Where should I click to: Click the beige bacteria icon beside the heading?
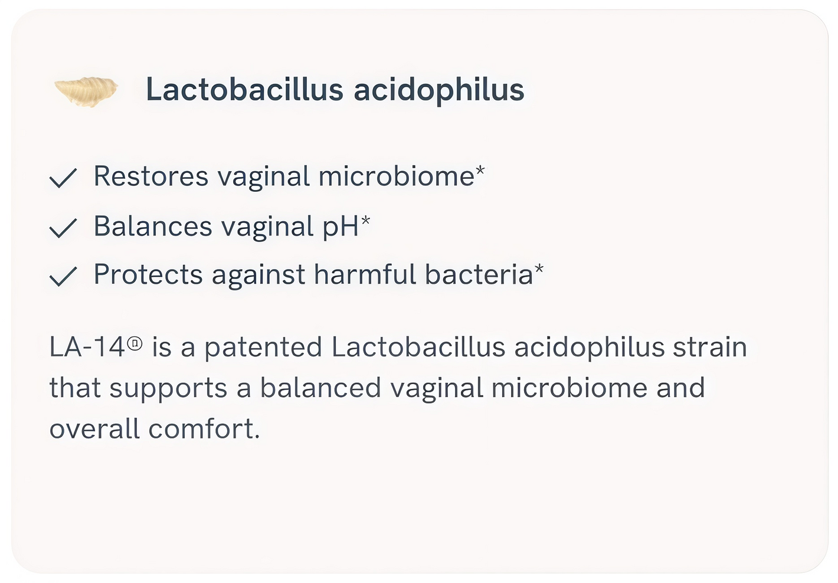click(86, 91)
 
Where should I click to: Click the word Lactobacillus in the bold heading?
click(244, 89)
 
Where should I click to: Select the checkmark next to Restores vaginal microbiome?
click(63, 178)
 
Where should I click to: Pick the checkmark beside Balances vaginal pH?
click(63, 228)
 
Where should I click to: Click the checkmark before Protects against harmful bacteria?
click(63, 277)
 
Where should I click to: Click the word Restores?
click(150, 176)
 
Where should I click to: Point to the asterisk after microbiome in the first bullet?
click(480, 171)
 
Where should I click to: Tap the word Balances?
click(153, 226)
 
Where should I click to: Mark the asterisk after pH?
click(365, 220)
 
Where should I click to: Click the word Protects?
click(148, 274)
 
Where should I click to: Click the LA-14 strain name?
click(87, 347)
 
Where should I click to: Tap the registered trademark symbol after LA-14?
click(135, 343)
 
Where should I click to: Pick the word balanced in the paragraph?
click(320, 388)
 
